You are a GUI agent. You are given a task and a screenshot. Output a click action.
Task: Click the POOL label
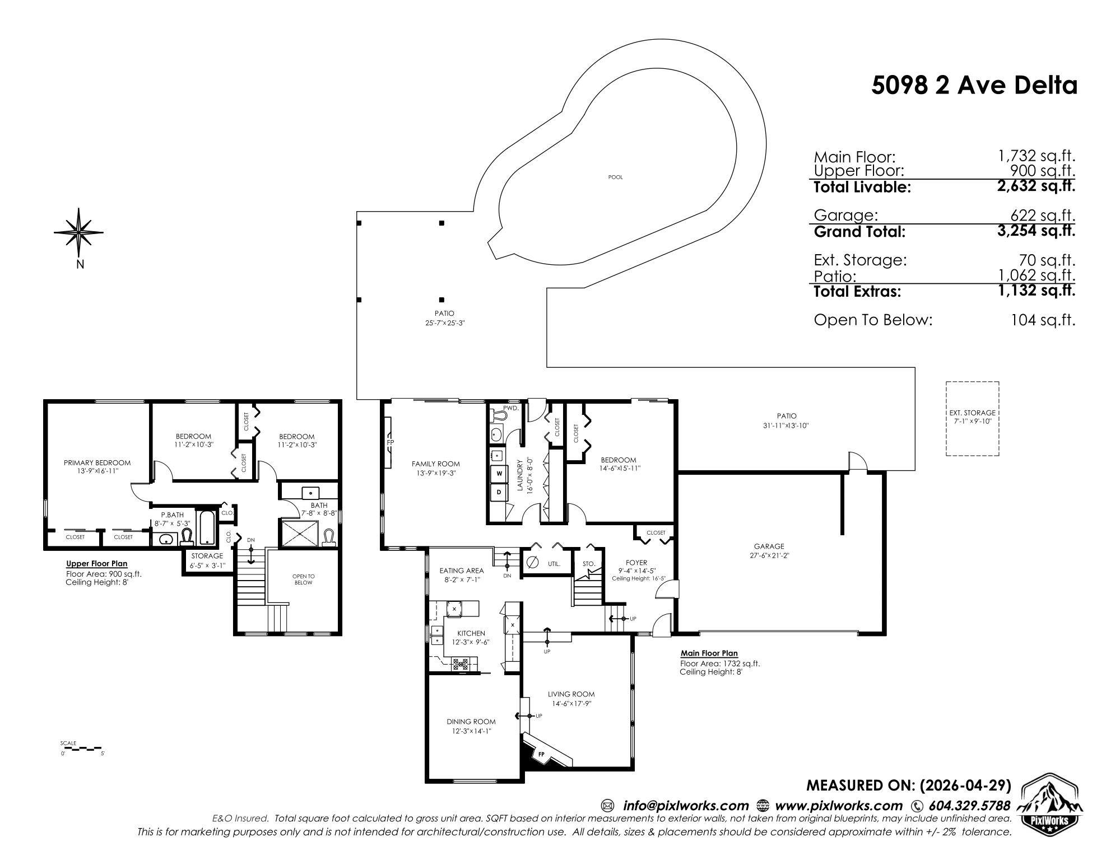(x=615, y=177)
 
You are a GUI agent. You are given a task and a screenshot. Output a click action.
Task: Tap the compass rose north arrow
(x=79, y=233)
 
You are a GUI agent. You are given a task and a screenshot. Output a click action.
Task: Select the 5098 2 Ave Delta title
(x=974, y=86)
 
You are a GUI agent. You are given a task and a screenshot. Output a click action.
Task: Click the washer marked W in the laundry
(x=499, y=474)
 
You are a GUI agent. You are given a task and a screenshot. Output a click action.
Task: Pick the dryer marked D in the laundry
(x=499, y=493)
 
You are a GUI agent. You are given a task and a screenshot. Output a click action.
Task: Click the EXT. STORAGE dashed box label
(x=972, y=417)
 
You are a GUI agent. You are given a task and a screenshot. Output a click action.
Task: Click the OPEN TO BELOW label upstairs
(x=303, y=579)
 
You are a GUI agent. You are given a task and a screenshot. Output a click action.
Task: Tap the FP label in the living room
(x=541, y=755)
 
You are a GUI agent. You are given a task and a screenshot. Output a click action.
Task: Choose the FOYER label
(x=636, y=563)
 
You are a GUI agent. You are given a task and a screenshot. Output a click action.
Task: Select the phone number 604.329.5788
(x=969, y=806)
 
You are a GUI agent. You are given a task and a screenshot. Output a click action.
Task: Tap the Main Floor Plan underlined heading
(x=709, y=653)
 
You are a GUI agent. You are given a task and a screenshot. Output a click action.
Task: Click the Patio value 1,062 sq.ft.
(x=1037, y=275)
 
